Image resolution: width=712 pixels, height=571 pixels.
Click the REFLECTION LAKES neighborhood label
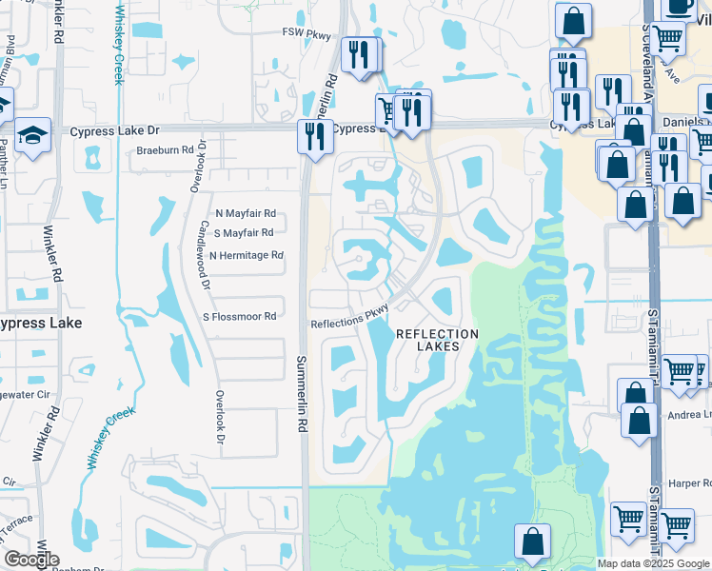point(437,340)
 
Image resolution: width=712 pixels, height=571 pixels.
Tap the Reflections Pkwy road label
point(351,323)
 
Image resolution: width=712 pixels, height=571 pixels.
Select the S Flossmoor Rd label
point(239,316)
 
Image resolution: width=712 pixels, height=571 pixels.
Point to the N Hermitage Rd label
point(247,255)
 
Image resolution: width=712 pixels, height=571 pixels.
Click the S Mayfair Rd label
point(245,232)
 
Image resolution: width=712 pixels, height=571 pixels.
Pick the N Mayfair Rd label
point(245,213)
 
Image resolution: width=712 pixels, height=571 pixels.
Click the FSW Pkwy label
point(307,35)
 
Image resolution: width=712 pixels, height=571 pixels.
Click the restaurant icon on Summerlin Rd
point(312,136)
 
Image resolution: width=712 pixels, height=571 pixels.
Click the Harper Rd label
point(690,483)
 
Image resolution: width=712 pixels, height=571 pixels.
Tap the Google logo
point(30,560)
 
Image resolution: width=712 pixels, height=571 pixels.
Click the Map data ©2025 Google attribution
point(654,563)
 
